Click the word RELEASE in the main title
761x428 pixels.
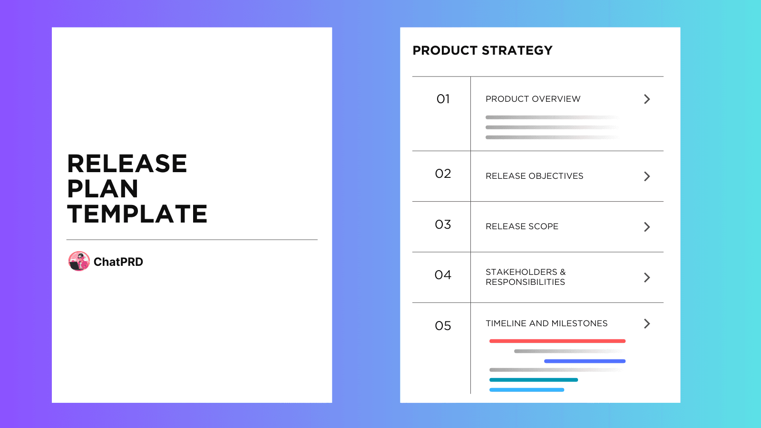click(127, 164)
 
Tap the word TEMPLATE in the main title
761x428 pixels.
click(137, 214)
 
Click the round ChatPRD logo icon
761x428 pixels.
click(79, 261)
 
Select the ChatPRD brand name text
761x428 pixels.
click(118, 262)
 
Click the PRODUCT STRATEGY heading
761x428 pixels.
click(482, 50)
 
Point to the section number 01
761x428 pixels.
click(443, 99)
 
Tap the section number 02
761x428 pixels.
click(443, 174)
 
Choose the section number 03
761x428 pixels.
click(443, 224)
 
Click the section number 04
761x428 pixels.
click(443, 275)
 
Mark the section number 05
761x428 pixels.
click(443, 326)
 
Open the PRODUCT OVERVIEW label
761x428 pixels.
click(533, 99)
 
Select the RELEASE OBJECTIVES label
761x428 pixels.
click(534, 176)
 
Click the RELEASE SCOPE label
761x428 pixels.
click(522, 226)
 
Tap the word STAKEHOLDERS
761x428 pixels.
click(521, 272)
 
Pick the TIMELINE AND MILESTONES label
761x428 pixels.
click(546, 323)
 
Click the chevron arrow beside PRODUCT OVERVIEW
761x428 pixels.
click(647, 99)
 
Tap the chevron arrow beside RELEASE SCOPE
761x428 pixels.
click(647, 227)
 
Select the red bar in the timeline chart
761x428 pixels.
click(557, 341)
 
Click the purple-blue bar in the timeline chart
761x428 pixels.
click(585, 361)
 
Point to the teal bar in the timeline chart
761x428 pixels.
click(533, 380)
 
